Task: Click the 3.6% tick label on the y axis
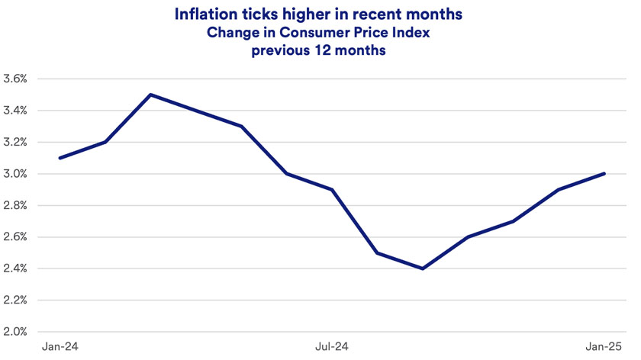(15, 79)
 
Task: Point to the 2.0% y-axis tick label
(15, 332)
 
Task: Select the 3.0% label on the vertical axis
(15, 174)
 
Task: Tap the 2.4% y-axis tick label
(15, 268)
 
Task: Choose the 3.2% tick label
(15, 142)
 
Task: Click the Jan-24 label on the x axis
(60, 347)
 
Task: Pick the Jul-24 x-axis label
(332, 347)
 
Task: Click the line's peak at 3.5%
(150, 95)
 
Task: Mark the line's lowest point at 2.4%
(423, 268)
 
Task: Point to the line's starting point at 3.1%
(60, 158)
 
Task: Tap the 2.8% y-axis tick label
(15, 205)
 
